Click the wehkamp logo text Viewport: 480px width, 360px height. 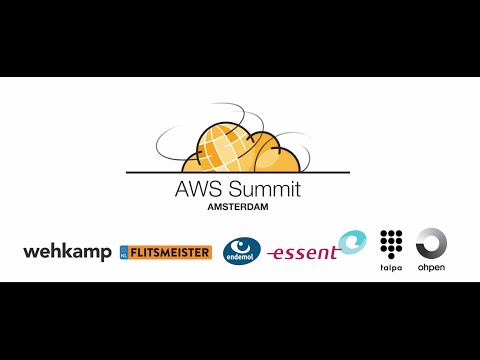(x=67, y=252)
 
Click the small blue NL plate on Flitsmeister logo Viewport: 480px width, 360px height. (x=125, y=252)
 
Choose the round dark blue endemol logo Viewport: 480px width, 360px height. (x=241, y=250)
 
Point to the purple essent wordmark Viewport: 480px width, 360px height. (x=304, y=254)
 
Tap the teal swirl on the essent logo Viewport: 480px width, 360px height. (x=351, y=242)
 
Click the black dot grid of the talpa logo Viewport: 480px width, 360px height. (x=389, y=242)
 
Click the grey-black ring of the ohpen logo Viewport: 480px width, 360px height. (x=431, y=243)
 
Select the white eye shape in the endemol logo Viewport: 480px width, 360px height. (x=241, y=244)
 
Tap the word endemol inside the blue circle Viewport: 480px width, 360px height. (x=241, y=257)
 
